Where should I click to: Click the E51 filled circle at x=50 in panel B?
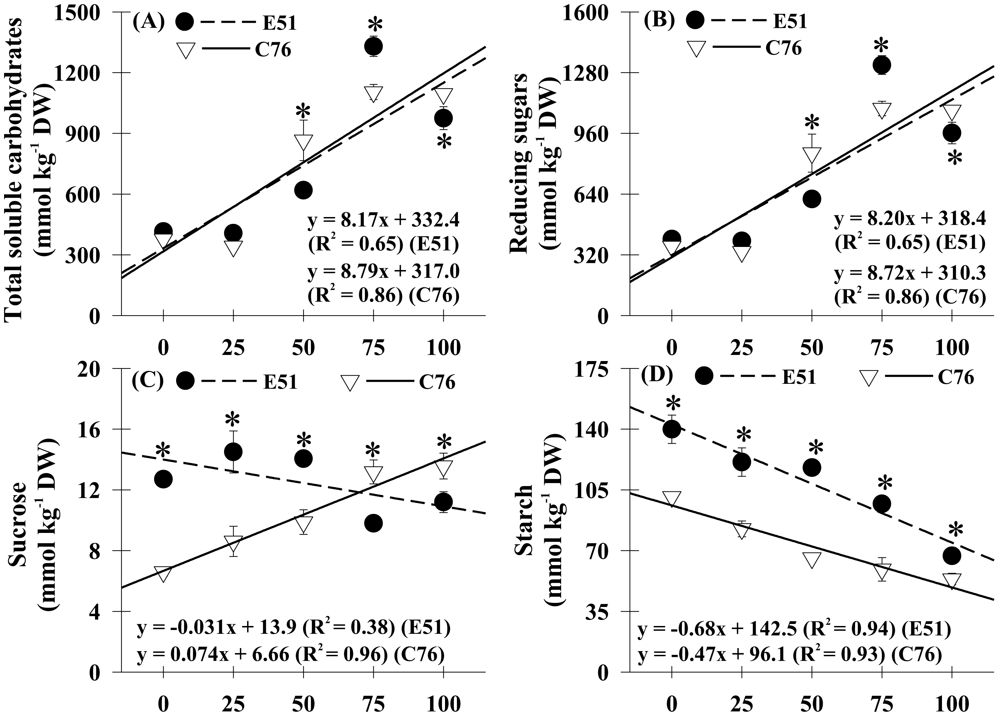tap(812, 199)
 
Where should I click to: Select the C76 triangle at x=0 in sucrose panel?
tap(163, 574)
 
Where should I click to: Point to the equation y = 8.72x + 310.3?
tap(910, 274)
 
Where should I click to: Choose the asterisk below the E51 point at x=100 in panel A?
tap(444, 143)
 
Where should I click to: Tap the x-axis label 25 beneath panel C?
tap(233, 704)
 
